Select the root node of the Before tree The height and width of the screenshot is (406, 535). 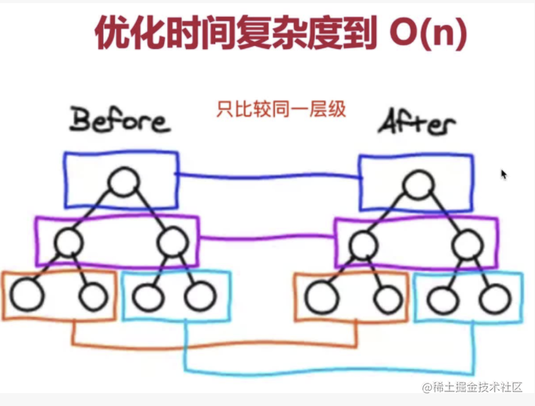click(x=122, y=183)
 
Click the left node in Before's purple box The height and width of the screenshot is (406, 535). click(x=68, y=241)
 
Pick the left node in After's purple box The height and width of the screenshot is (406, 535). click(x=363, y=243)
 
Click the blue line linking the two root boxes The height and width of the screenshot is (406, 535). click(x=268, y=177)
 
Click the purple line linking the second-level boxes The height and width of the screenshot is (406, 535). click(x=266, y=238)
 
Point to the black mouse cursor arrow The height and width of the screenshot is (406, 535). click(x=503, y=174)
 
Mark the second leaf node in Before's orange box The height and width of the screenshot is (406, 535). click(x=94, y=297)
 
